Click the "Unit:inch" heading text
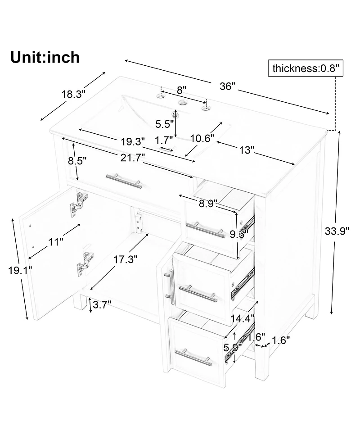coord(45,58)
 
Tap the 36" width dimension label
coord(228,86)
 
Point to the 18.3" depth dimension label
coord(73,94)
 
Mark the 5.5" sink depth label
coord(165,123)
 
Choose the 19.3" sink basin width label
coord(133,141)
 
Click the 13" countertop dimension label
coord(247,150)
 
